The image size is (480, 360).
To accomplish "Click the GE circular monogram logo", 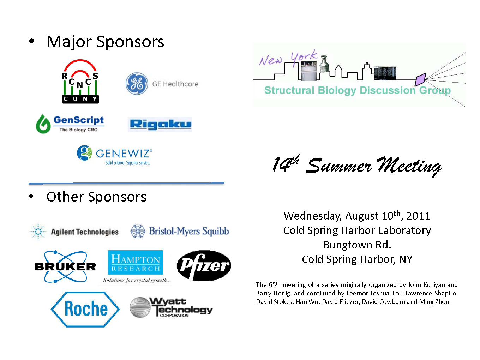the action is click(x=137, y=84).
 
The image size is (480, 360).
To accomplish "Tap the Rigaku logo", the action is click(x=160, y=124).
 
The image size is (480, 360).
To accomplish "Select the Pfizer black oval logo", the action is click(x=204, y=265).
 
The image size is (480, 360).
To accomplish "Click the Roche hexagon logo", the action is click(x=85, y=309).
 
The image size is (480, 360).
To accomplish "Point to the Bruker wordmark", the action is click(x=65, y=267).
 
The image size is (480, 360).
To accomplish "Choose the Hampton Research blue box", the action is click(x=136, y=262).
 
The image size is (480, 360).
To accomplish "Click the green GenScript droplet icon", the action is click(x=43, y=124).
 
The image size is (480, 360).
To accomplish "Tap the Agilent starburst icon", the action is click(x=38, y=232).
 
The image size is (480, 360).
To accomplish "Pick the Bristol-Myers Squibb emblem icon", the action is click(x=138, y=231).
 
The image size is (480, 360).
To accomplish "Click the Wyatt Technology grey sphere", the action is click(x=140, y=307).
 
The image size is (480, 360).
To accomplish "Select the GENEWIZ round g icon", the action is click(x=84, y=153).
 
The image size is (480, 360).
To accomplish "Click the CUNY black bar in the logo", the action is click(x=80, y=99).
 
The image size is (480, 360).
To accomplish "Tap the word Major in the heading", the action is click(x=69, y=42).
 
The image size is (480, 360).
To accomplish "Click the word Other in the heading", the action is click(x=65, y=197).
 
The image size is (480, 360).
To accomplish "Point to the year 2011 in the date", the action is click(x=418, y=216).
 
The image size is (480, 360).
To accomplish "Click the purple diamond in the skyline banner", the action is click(x=420, y=79).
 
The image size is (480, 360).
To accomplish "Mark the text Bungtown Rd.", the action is click(x=357, y=245).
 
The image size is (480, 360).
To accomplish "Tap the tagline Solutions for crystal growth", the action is click(x=137, y=280).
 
